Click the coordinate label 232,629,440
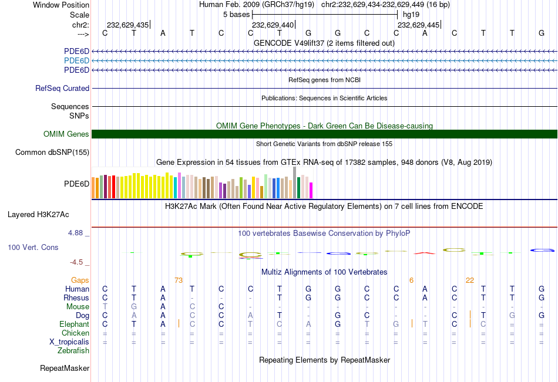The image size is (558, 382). (x=273, y=25)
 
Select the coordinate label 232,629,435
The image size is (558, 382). (x=127, y=25)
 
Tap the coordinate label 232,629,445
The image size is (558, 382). (x=418, y=25)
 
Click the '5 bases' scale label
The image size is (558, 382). (x=236, y=14)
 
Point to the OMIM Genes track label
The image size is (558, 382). (x=66, y=134)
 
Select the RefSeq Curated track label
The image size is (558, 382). (x=62, y=89)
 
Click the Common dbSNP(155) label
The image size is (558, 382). (x=52, y=153)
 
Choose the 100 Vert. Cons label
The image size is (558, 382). (x=33, y=248)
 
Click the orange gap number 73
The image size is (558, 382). (x=179, y=280)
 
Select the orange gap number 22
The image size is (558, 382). (x=470, y=280)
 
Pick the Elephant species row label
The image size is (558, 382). (x=74, y=324)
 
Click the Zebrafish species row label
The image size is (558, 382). (x=73, y=351)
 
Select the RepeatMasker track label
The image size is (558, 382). (x=65, y=369)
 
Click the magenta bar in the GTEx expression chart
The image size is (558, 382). (x=311, y=190)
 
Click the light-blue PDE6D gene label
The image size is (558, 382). (x=76, y=60)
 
